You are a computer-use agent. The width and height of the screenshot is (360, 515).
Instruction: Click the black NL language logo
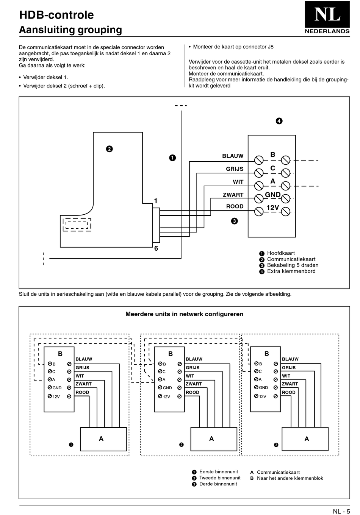click(327, 14)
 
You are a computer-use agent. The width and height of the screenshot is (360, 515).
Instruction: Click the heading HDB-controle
click(56, 15)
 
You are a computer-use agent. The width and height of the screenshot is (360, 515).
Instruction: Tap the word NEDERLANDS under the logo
click(327, 31)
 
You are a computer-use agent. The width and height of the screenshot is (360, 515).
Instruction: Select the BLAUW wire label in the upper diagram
click(233, 156)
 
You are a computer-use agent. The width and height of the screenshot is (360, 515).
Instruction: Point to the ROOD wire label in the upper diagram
click(235, 206)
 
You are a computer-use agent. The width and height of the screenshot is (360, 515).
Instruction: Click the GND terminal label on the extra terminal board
click(272, 195)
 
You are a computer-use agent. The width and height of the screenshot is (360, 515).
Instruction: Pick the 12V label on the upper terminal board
click(272, 208)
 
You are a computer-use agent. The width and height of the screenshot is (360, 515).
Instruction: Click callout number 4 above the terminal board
click(279, 121)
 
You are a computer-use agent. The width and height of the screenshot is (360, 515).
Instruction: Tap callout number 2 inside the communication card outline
click(109, 149)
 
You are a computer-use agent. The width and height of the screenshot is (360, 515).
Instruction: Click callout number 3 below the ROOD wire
click(234, 221)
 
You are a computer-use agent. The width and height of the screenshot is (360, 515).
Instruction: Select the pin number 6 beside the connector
click(156, 248)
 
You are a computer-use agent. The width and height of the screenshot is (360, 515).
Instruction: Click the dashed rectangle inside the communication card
click(77, 225)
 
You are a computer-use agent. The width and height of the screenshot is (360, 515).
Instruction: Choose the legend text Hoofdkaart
click(281, 253)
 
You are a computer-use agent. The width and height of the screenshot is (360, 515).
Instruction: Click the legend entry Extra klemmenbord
click(291, 271)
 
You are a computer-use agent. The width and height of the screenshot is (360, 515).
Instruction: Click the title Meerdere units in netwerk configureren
click(184, 314)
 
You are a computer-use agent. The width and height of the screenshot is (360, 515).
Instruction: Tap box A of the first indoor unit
click(103, 439)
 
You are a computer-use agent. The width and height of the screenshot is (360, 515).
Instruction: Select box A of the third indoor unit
click(305, 439)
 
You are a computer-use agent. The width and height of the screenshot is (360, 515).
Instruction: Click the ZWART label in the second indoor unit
click(194, 384)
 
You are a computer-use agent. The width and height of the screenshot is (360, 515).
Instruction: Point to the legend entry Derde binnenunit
click(218, 484)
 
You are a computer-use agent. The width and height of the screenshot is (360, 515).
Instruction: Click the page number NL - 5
click(341, 511)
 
